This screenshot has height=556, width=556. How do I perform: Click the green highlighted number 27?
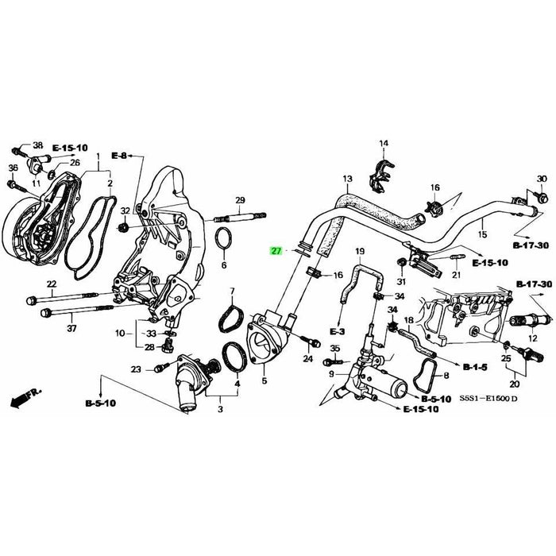click(276, 251)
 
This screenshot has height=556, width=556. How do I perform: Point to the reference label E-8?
click(119, 155)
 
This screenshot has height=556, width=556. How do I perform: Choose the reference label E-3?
click(336, 330)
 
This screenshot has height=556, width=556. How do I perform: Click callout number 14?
click(384, 144)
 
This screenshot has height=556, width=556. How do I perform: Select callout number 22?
click(52, 284)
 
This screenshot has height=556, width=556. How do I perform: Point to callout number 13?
click(346, 179)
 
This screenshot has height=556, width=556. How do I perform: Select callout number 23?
click(136, 369)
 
